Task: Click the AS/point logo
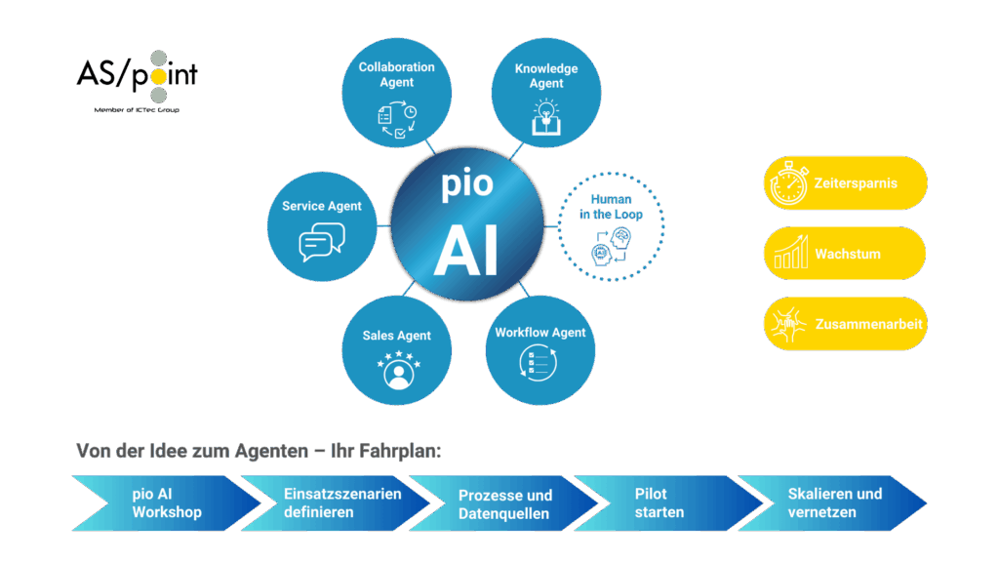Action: (137, 77)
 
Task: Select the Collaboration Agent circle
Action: (397, 94)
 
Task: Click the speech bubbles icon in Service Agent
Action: (321, 242)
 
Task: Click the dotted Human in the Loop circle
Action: (612, 225)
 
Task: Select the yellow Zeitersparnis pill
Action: (845, 183)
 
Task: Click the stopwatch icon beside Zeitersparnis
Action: (788, 183)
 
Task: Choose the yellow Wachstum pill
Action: (845, 254)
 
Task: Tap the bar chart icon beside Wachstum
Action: (788, 254)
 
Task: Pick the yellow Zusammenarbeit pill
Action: (845, 324)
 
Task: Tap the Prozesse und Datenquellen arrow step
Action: (503, 503)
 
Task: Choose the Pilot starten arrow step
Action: (663, 503)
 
